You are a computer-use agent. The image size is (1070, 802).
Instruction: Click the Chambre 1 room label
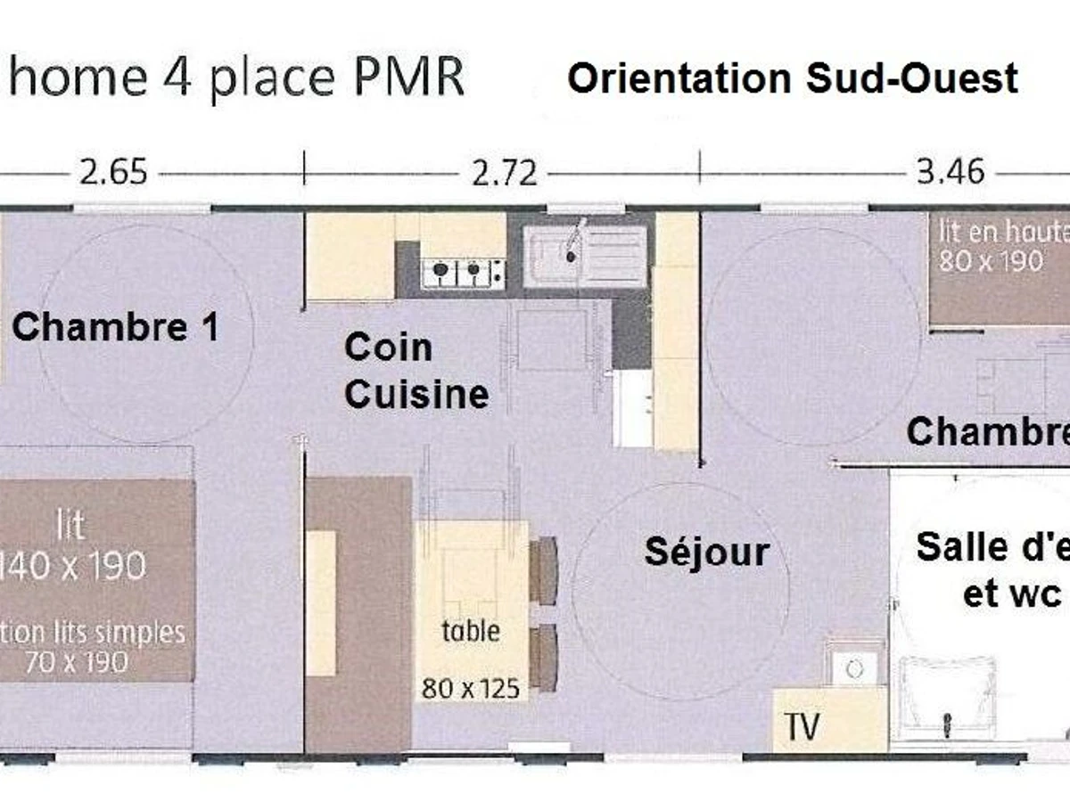(115, 328)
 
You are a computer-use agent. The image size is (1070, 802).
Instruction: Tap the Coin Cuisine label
(416, 371)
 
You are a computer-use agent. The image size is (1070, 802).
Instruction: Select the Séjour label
(706, 552)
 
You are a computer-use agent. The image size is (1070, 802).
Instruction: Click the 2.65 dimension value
(113, 171)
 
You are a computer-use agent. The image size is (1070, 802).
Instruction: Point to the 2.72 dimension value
(505, 172)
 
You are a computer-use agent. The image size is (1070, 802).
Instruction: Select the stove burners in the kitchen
(464, 270)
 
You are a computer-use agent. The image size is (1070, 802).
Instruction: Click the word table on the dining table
(471, 631)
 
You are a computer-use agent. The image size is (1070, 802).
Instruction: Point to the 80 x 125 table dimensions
(471, 689)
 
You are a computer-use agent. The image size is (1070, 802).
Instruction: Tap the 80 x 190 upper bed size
(990, 261)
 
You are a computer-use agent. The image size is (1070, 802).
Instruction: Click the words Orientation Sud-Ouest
(793, 78)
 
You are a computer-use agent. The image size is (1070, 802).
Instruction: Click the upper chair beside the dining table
(543, 570)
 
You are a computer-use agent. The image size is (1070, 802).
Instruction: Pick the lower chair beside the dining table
(543, 657)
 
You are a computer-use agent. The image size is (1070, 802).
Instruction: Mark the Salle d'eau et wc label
(990, 570)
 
